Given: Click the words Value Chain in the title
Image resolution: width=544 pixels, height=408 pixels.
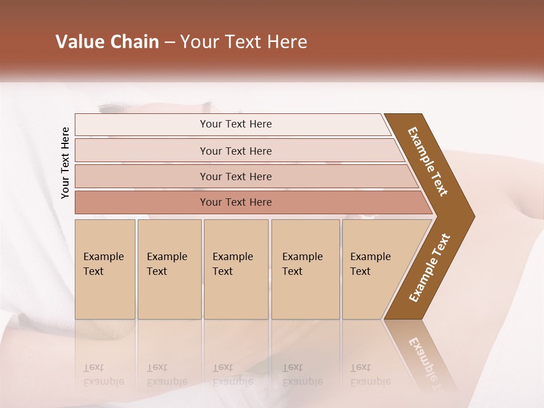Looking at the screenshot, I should pos(107,42).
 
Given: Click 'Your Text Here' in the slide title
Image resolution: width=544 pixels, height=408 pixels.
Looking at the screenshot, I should pos(244,42).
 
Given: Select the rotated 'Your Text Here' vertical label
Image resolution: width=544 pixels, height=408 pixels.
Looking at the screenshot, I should pos(65,163).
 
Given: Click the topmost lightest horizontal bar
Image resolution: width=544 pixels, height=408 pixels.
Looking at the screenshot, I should pos(236,124).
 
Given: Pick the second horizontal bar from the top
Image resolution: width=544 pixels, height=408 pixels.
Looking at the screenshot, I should pos(236,151).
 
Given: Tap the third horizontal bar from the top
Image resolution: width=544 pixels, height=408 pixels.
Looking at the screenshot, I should pos(236,176).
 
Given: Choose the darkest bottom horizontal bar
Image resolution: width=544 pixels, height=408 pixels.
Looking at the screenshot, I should pos(236,202).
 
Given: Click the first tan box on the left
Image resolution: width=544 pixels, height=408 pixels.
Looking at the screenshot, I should pos(105,269).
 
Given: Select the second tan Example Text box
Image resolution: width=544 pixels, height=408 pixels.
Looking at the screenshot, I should pos(169,269).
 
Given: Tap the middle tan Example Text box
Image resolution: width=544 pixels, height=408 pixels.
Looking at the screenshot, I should pos(236,269).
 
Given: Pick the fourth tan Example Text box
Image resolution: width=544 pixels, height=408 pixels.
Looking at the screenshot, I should pos(305,269).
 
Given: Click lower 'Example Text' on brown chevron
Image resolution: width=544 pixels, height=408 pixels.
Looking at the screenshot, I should pos(430,267).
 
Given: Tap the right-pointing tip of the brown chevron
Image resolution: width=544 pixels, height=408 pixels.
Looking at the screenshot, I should pos(470,216).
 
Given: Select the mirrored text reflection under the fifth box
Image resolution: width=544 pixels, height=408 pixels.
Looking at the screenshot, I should pos(370,375).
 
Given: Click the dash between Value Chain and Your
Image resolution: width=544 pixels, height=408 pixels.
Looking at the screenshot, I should pos(169,42).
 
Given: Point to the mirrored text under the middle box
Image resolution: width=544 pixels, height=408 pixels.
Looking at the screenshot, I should pos(232,375).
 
